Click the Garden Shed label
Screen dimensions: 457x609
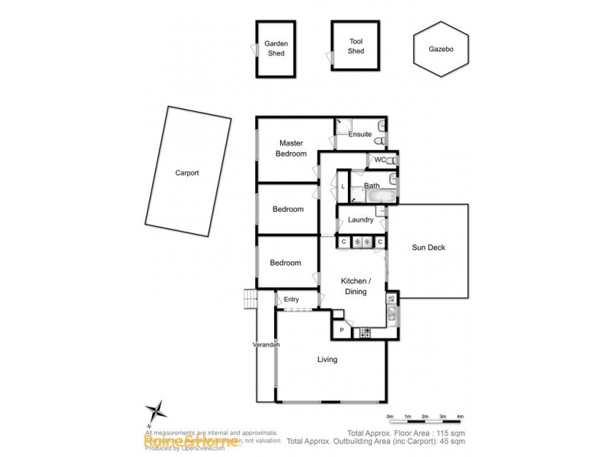click(x=275, y=48)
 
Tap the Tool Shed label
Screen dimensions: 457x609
click(x=356, y=46)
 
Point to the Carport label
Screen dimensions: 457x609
click(x=186, y=173)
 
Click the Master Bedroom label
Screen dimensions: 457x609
click(x=292, y=148)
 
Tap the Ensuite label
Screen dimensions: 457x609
click(x=360, y=134)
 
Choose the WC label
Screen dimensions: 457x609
click(x=378, y=159)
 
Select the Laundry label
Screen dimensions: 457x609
click(x=360, y=220)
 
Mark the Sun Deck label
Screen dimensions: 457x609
click(x=428, y=248)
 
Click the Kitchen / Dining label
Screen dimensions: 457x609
click(x=355, y=286)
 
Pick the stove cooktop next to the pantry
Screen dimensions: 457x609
click(x=365, y=332)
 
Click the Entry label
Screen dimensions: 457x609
click(x=291, y=299)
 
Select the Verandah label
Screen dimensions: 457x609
click(x=266, y=345)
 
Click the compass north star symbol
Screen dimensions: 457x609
click(x=156, y=411)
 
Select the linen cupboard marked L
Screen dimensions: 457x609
click(x=343, y=186)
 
